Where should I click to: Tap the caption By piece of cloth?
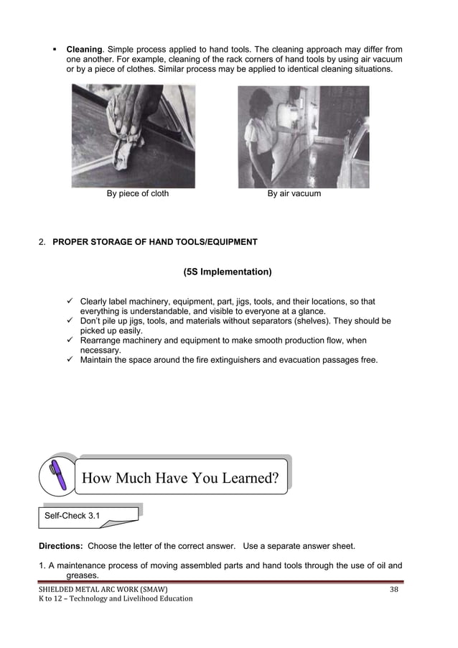click(138, 193)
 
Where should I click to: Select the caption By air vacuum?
click(294, 193)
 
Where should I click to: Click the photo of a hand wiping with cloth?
click(133, 136)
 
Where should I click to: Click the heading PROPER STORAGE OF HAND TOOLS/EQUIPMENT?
click(155, 242)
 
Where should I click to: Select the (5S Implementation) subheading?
click(228, 272)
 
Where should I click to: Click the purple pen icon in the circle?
click(58, 475)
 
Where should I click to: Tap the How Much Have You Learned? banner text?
click(180, 477)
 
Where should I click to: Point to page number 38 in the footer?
click(393, 589)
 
